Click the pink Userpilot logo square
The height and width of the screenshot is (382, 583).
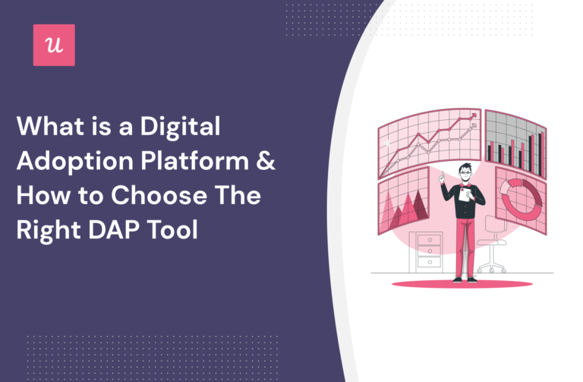pyautogui.click(x=54, y=45)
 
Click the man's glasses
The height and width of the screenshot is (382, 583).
pyautogui.click(x=463, y=173)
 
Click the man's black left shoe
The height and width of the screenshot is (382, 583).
pyautogui.click(x=457, y=279)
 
